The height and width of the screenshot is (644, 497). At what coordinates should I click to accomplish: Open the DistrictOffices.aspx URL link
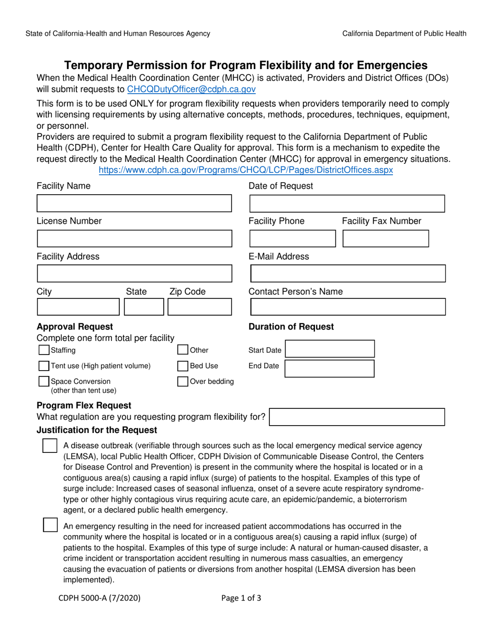coord(245,170)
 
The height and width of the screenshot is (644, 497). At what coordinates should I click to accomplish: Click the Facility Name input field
coord(134,203)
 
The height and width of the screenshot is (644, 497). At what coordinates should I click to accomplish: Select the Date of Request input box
coord(347,203)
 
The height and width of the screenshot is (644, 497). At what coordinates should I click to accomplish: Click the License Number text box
coord(134,238)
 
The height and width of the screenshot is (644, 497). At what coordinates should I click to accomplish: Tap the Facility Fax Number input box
coord(386,238)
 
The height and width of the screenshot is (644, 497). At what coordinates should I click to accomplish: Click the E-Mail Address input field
coord(348,273)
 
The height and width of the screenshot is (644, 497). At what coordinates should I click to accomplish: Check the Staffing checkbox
coord(44,350)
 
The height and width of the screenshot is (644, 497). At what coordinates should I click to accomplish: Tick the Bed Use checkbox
coord(183,366)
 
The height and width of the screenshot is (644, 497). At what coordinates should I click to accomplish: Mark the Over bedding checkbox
coord(183,382)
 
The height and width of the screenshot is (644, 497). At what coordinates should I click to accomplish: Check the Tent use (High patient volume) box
coord(44,366)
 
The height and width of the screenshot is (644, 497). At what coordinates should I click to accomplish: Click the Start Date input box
coord(330,350)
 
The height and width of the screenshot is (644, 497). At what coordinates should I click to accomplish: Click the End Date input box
coord(330,368)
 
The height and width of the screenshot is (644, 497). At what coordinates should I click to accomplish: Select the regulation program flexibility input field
coord(357,417)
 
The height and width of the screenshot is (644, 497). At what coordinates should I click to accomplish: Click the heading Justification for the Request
coord(97,430)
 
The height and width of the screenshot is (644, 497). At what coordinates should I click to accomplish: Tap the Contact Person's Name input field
coord(348,307)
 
